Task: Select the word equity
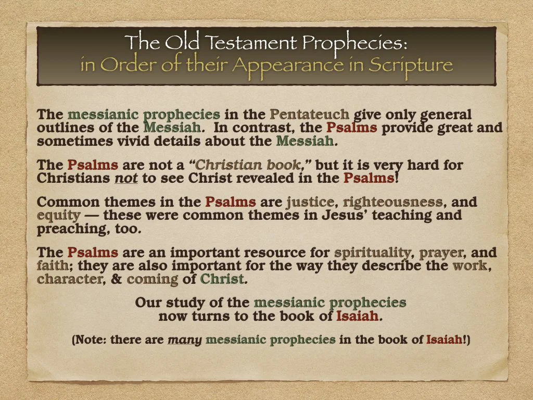point(59,215)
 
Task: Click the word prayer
point(442,253)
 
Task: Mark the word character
point(70,279)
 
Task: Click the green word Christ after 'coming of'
point(222,279)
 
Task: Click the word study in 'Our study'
point(175,303)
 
